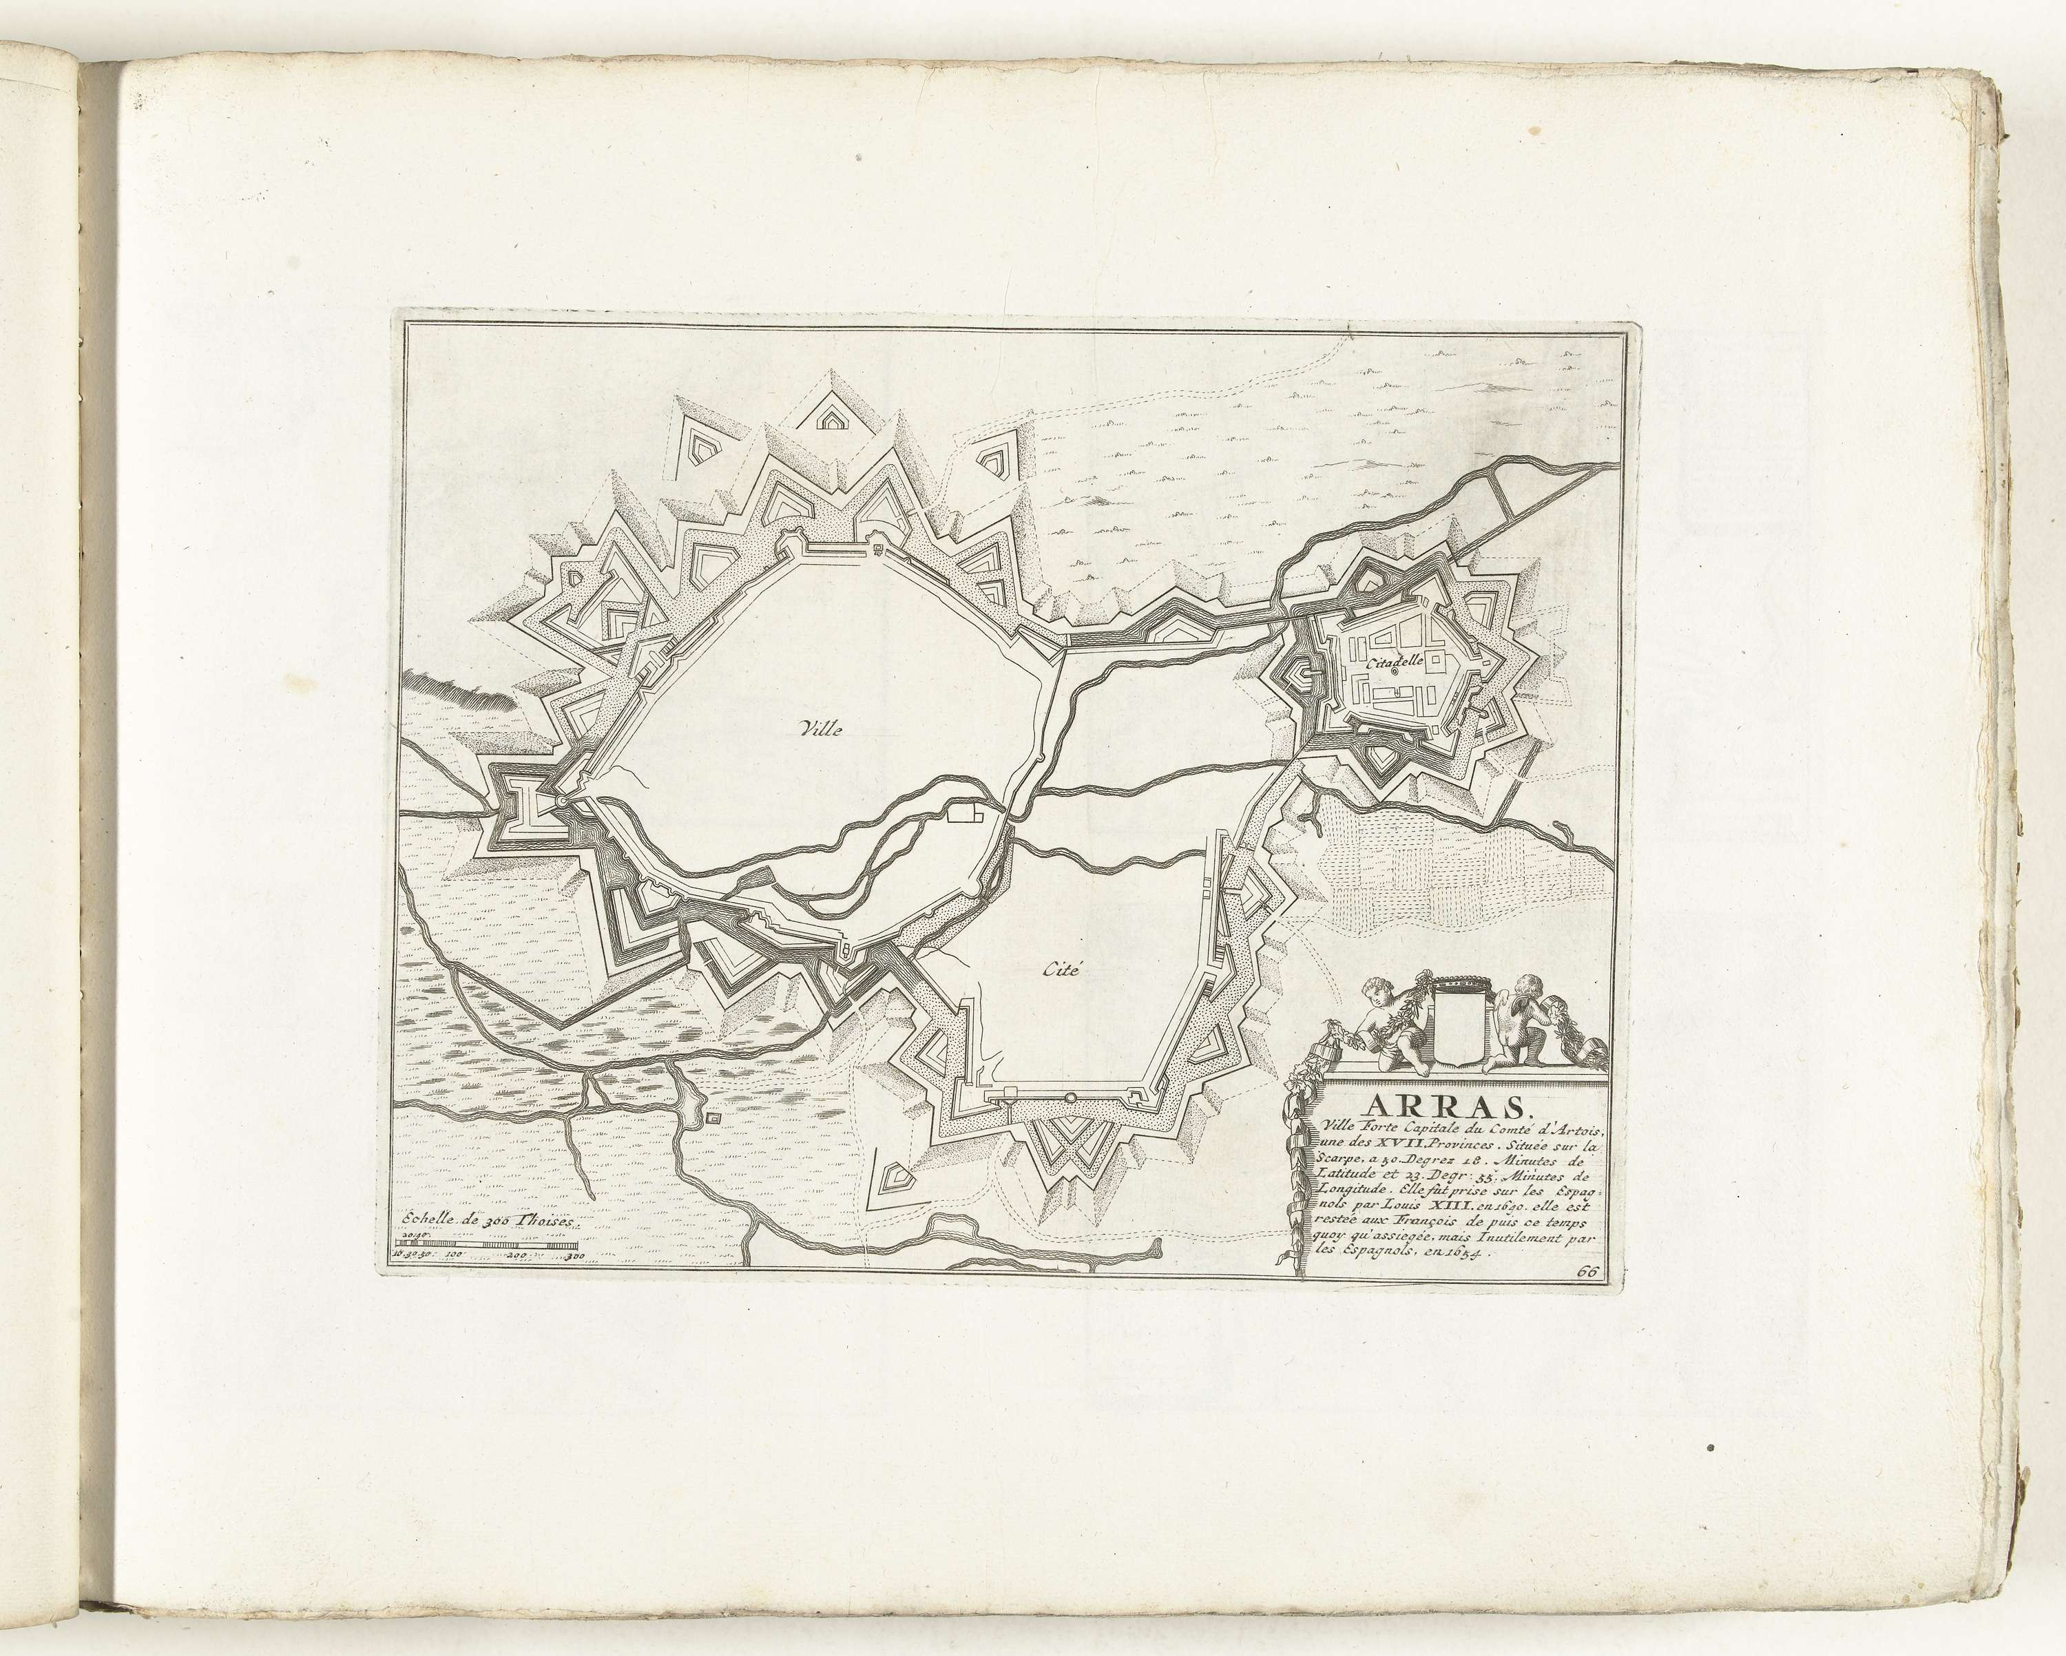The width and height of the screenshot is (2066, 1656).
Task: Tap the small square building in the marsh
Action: tap(710, 1118)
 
